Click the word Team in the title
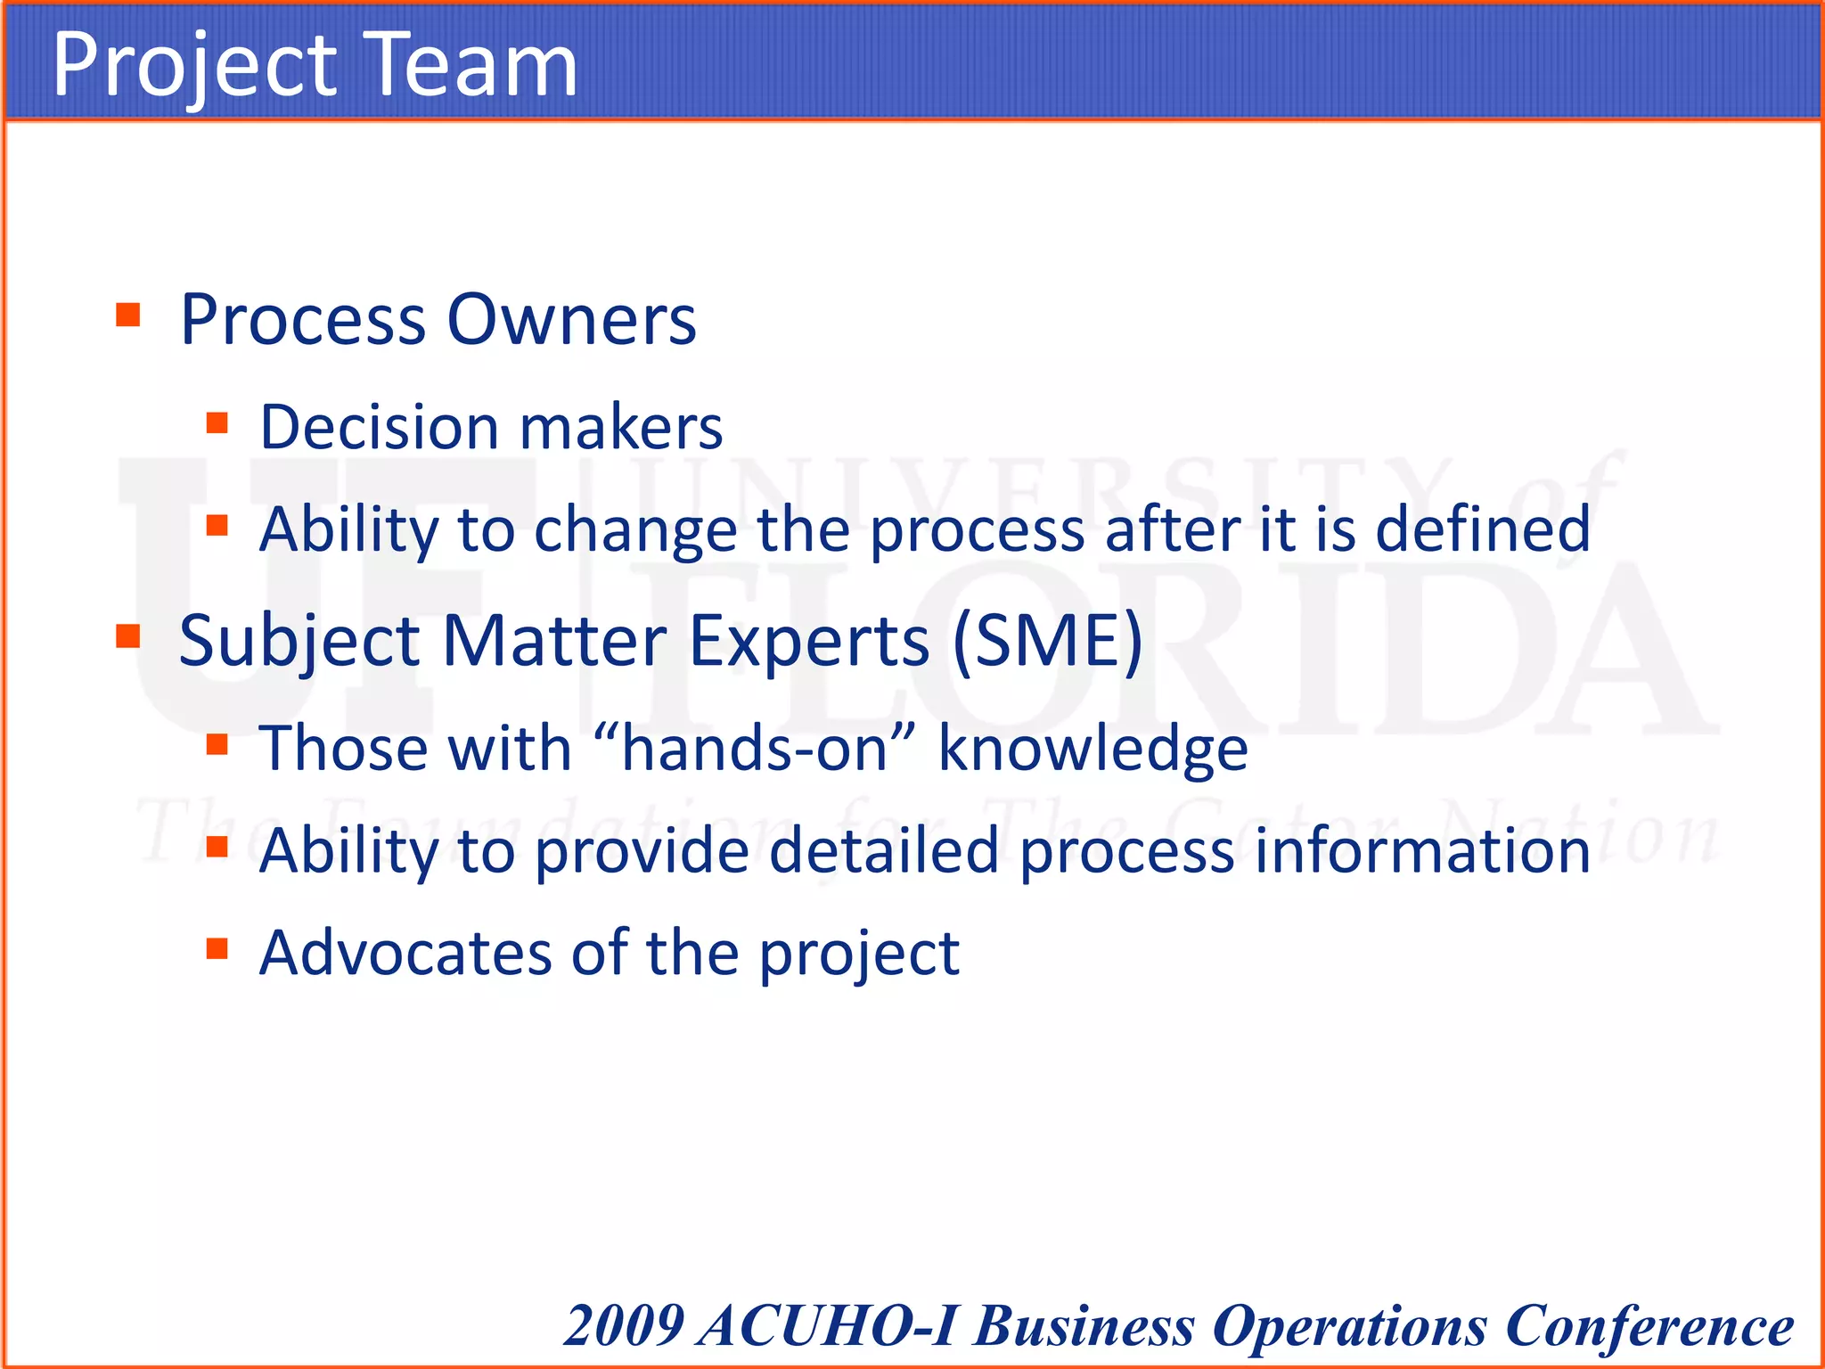click(472, 64)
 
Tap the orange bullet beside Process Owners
click(128, 315)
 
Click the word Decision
click(380, 427)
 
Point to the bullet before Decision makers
click(217, 422)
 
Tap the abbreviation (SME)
click(1048, 640)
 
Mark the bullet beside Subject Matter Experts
click(128, 635)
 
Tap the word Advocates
click(405, 953)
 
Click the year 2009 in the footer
click(624, 1325)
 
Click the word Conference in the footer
click(1649, 1325)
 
